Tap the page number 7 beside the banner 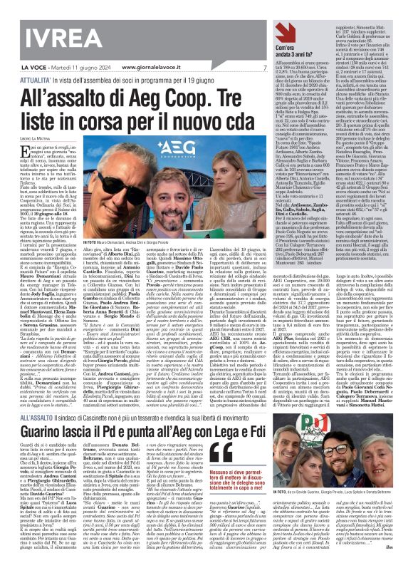263,67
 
